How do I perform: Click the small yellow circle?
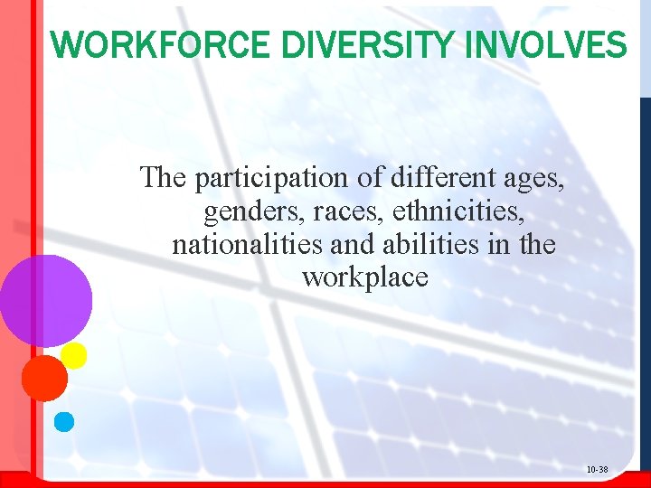(x=73, y=355)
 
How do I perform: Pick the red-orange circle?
(x=44, y=378)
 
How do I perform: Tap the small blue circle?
(x=64, y=421)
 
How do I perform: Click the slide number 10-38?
(x=597, y=470)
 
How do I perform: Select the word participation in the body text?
(x=273, y=179)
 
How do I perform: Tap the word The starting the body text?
(x=163, y=178)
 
